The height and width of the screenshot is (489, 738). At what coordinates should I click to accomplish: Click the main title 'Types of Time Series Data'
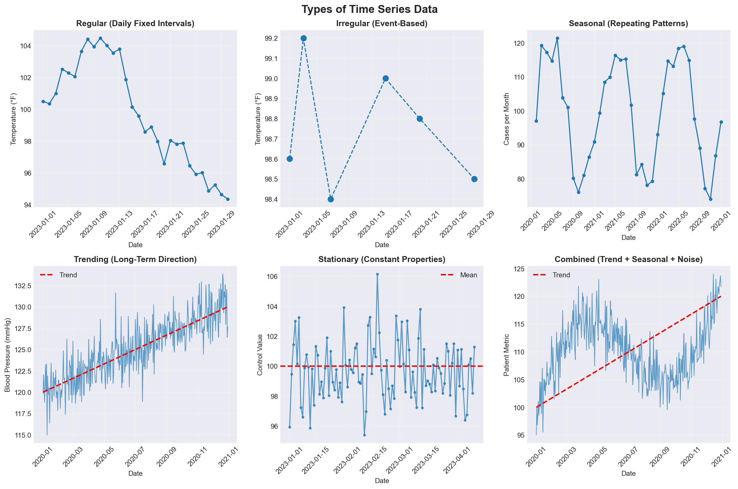point(369,9)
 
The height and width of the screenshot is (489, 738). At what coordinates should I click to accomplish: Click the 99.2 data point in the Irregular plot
point(303,38)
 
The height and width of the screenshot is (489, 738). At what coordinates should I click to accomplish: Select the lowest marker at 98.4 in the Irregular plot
point(331,199)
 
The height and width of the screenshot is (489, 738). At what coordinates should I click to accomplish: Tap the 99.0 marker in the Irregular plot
point(386,79)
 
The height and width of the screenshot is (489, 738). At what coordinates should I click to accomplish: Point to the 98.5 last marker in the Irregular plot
point(474,179)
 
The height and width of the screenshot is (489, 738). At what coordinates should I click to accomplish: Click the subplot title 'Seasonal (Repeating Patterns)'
point(628,24)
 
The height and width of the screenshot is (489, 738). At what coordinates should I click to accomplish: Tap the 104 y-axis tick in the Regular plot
point(26,46)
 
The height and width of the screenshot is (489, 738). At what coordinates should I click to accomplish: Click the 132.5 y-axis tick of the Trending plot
point(23,285)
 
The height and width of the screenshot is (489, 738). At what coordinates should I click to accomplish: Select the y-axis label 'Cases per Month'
point(506,119)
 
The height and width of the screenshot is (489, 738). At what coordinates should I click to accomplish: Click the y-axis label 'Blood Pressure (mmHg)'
point(8,355)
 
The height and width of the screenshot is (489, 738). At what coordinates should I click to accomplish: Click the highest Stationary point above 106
point(377,274)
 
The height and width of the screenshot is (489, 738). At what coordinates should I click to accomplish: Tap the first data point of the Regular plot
point(43,101)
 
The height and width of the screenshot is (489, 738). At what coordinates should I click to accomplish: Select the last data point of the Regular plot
point(228,199)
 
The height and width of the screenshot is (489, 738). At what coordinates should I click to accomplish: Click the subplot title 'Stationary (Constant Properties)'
point(382,259)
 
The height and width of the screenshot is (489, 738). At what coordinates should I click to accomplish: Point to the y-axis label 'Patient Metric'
point(506,355)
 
